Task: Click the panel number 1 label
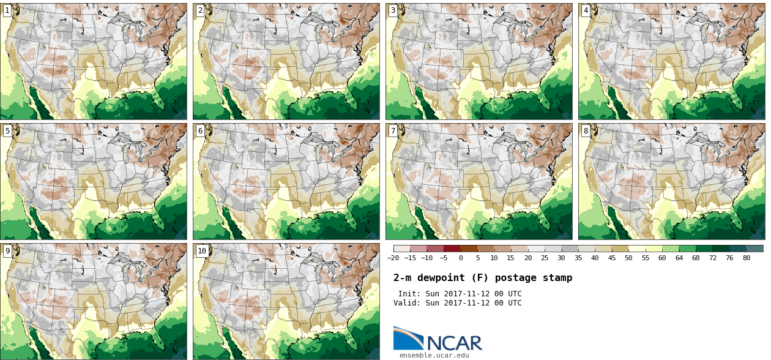click(7, 10)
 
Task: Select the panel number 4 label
click(586, 10)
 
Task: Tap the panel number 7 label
click(393, 131)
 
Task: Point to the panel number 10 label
click(202, 251)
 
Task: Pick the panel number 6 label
click(200, 131)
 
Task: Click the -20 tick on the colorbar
click(393, 258)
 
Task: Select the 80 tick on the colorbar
click(747, 258)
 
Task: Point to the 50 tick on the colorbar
click(628, 258)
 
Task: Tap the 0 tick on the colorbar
click(460, 258)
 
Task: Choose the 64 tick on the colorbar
click(679, 258)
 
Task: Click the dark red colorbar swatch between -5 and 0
click(452, 249)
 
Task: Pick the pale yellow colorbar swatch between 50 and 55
click(637, 249)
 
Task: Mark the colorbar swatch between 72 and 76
click(721, 249)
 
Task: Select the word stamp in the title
click(558, 278)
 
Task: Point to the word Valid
click(407, 303)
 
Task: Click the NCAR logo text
click(454, 343)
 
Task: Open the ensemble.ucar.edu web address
click(434, 355)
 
